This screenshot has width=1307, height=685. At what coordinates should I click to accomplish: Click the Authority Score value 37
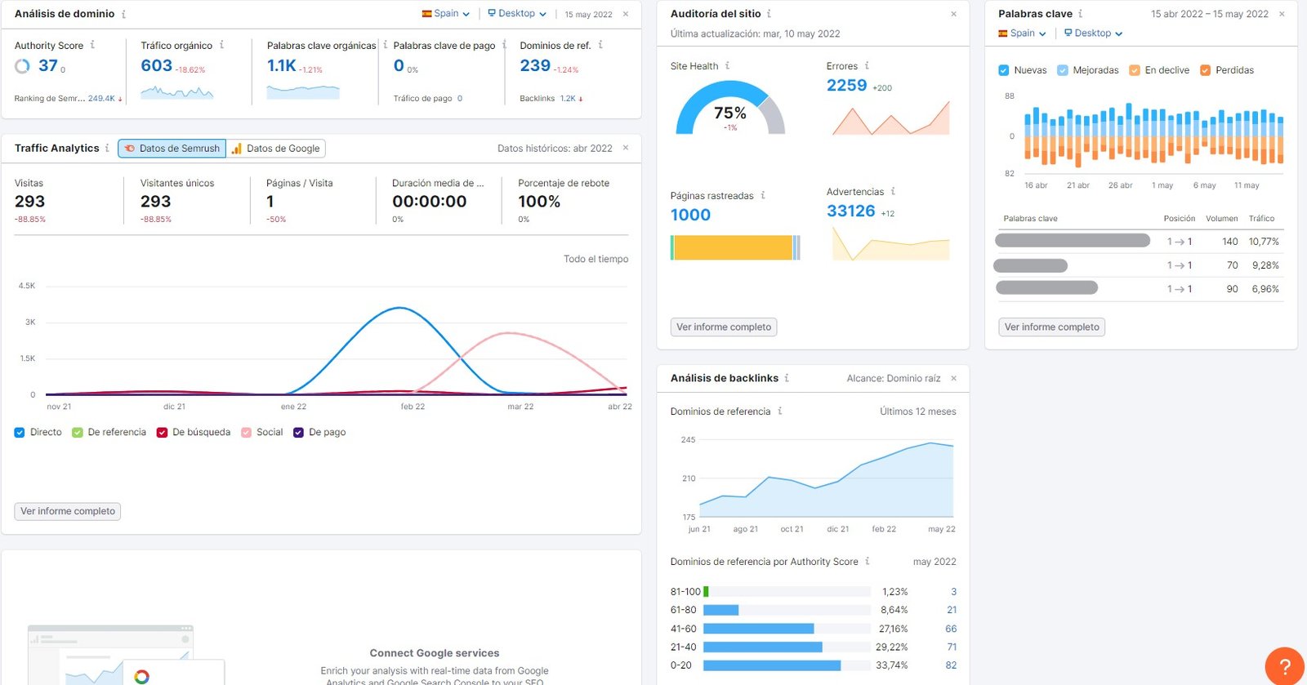pyautogui.click(x=47, y=65)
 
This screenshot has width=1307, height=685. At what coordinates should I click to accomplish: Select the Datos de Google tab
pyautogui.click(x=276, y=149)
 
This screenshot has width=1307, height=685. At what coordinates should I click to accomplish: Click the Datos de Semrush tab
pyautogui.click(x=172, y=149)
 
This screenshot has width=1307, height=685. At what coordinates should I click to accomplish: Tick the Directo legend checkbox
pyautogui.click(x=20, y=433)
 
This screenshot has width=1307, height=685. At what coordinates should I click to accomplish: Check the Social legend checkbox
pyautogui.click(x=246, y=433)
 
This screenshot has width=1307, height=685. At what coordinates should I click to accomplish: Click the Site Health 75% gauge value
pyautogui.click(x=729, y=113)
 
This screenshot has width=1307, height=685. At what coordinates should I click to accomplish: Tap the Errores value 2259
pyautogui.click(x=846, y=86)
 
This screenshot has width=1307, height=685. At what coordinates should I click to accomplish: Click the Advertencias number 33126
pyautogui.click(x=850, y=211)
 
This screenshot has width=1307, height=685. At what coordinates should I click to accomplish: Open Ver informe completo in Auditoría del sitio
pyautogui.click(x=724, y=327)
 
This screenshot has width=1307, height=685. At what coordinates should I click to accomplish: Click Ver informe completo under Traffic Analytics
pyautogui.click(x=68, y=512)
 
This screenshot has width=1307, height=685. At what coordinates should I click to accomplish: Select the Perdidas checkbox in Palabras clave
pyautogui.click(x=1205, y=70)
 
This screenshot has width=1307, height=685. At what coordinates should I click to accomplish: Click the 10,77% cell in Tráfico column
pyautogui.click(x=1263, y=242)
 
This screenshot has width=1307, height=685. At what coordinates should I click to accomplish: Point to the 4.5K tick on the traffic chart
pyautogui.click(x=27, y=286)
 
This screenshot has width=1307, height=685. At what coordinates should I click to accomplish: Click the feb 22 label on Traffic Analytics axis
pyautogui.click(x=413, y=407)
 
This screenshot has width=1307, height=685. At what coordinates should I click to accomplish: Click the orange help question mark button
pyautogui.click(x=1284, y=665)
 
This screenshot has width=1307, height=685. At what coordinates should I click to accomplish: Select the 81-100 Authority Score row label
pyautogui.click(x=685, y=592)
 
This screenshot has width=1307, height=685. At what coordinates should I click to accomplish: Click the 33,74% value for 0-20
pyautogui.click(x=891, y=665)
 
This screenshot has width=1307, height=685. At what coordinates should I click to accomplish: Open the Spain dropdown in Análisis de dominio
pyautogui.click(x=446, y=14)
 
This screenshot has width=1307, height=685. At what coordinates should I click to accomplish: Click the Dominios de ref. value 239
pyautogui.click(x=535, y=65)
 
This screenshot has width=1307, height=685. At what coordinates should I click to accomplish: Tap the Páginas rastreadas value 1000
pyautogui.click(x=690, y=215)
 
